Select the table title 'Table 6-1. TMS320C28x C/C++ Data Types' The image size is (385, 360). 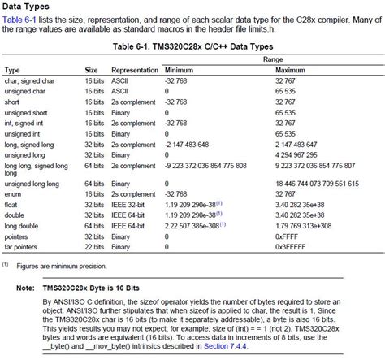click(192, 47)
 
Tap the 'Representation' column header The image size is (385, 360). click(135, 71)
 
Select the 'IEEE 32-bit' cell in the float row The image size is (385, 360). click(133, 205)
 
